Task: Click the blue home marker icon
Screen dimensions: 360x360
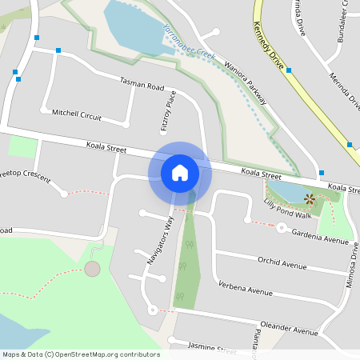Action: pos(180,172)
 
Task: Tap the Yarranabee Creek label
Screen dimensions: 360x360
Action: pos(190,44)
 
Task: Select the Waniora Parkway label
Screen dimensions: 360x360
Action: pos(246,82)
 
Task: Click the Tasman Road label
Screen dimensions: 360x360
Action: pos(142,84)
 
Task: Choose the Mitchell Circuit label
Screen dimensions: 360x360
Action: pos(76,115)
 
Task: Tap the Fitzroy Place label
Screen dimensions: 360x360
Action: pos(167,110)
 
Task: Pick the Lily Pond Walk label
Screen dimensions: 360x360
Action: pos(287,210)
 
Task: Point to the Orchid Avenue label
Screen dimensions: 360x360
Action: pos(282,262)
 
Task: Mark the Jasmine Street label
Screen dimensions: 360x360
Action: pos(211,349)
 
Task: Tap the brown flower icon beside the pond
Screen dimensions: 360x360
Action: pos(309,198)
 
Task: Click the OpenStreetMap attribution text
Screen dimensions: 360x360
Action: pos(81,354)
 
